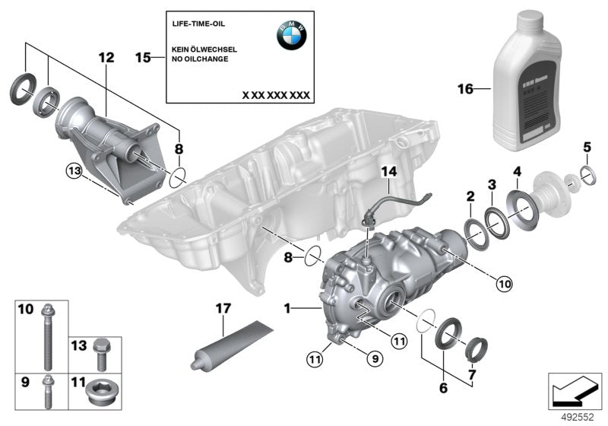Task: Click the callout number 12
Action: tap(105, 57)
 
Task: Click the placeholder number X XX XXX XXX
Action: tap(275, 95)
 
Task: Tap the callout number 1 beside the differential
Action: tap(288, 309)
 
